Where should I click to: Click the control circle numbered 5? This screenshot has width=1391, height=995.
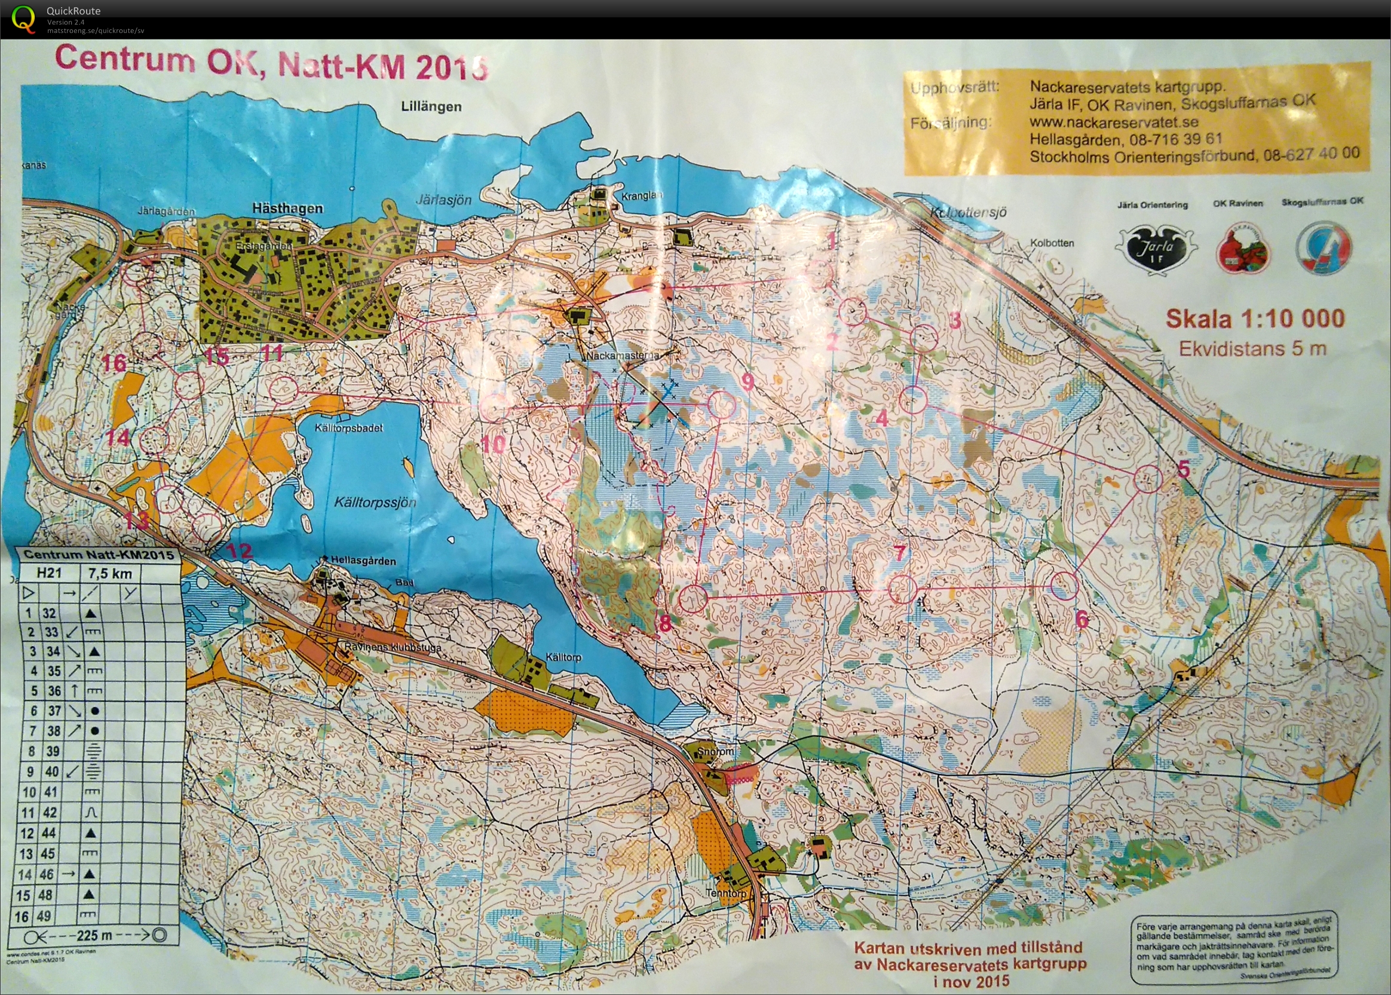pos(1148,479)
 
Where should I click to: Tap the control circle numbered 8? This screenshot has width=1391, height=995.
pos(693,599)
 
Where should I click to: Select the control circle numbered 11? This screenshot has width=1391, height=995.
pos(283,389)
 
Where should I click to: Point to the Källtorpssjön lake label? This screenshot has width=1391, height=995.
pos(375,503)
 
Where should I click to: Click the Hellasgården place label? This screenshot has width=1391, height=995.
pos(363,561)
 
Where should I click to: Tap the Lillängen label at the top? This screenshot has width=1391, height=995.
pos(431,106)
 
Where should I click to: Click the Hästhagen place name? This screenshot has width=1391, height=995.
pos(287,209)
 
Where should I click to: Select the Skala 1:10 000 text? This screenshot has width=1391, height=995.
pos(1254,319)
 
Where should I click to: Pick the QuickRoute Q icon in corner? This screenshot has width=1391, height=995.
pos(24,17)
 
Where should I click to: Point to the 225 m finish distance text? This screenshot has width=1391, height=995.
pos(95,936)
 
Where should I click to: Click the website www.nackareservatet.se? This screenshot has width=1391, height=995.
pos(1114,121)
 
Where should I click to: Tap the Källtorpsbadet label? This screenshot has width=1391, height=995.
pos(350,428)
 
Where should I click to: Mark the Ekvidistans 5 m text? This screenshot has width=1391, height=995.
pos(1252,348)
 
